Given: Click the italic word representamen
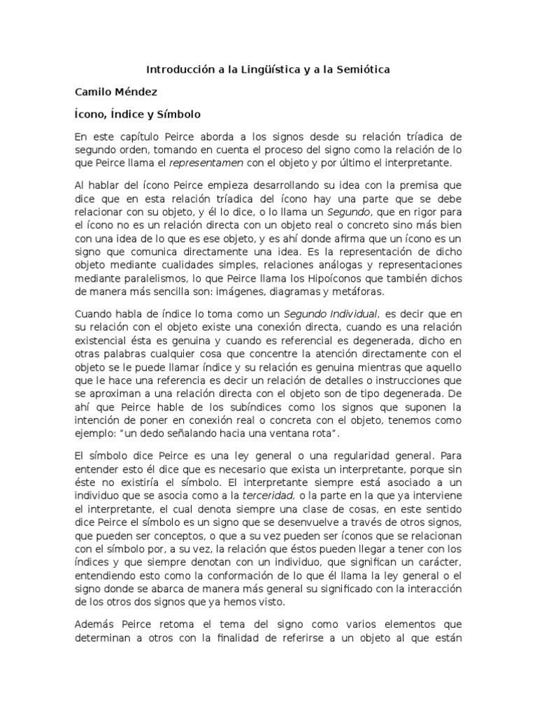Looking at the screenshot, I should pos(203,163).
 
